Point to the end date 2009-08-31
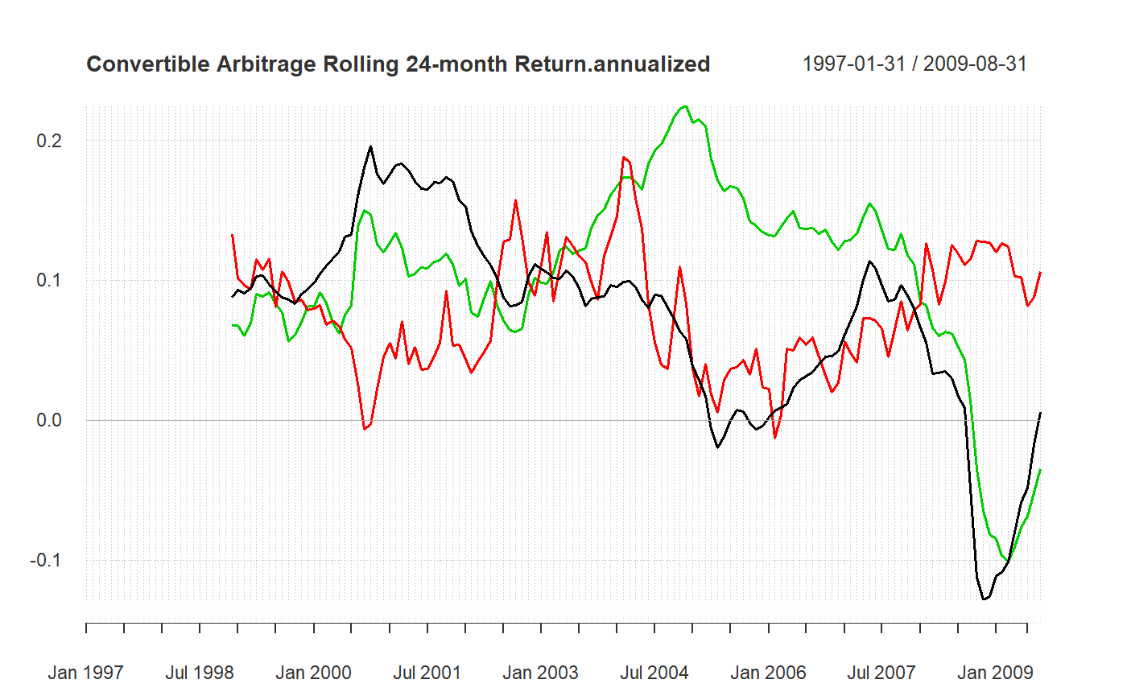[x=976, y=64]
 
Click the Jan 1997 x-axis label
[x=85, y=673]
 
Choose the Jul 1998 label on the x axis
[x=199, y=673]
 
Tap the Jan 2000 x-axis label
[x=313, y=673]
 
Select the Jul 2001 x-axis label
[x=427, y=673]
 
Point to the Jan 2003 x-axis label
[x=540, y=673]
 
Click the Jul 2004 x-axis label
[x=654, y=673]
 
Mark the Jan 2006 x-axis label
[x=768, y=673]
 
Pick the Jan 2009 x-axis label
[x=996, y=673]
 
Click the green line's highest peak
[x=685, y=106]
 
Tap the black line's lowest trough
[x=984, y=599]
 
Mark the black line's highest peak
[x=370, y=146]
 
